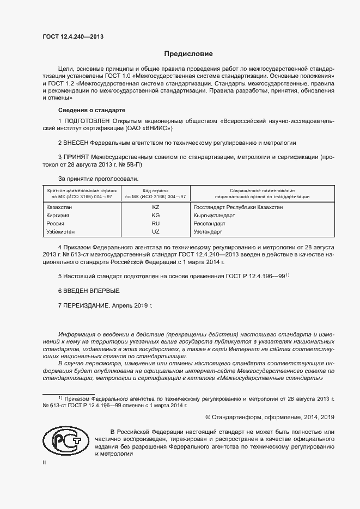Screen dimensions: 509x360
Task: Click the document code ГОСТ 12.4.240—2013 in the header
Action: [72, 37]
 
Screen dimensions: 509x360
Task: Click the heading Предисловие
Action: [188, 54]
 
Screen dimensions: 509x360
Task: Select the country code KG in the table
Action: [156, 216]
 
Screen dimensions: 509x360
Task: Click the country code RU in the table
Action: [156, 224]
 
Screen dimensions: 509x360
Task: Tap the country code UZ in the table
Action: [156, 232]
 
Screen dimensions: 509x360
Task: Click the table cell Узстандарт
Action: [208, 232]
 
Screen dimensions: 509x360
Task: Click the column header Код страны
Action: [156, 191]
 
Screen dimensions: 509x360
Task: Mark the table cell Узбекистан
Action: [62, 232]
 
